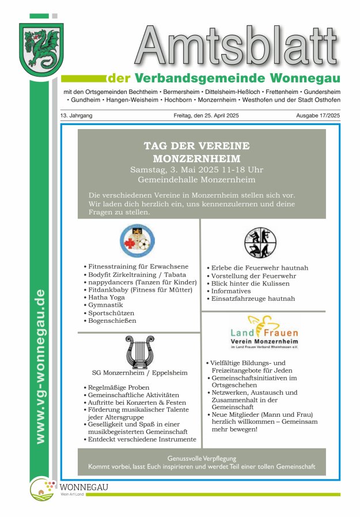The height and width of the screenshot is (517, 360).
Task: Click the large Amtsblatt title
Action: (x=237, y=48)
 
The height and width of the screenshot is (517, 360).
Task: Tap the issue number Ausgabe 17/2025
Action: (x=318, y=116)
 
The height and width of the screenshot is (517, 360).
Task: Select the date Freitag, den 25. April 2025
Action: (x=206, y=116)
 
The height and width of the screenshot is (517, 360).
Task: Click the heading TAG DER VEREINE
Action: (x=196, y=145)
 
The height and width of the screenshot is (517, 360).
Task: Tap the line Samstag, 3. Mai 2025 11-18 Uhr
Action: (x=196, y=169)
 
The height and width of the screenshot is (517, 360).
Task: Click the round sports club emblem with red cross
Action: (x=137, y=240)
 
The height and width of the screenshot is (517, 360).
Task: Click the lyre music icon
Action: (x=139, y=352)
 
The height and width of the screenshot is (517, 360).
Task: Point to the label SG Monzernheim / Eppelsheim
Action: (x=139, y=373)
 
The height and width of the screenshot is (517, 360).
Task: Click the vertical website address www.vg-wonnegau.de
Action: (x=40, y=367)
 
